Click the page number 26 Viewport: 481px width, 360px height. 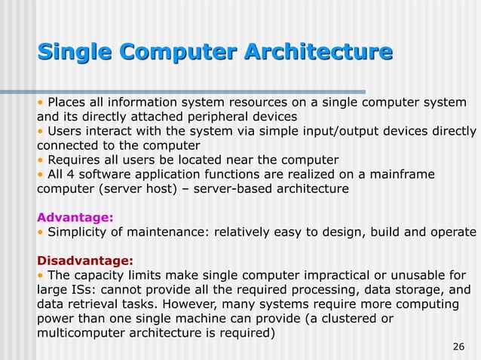coord(457,346)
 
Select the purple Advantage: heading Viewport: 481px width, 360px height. coord(75,217)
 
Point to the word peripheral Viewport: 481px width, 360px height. coord(221,117)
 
